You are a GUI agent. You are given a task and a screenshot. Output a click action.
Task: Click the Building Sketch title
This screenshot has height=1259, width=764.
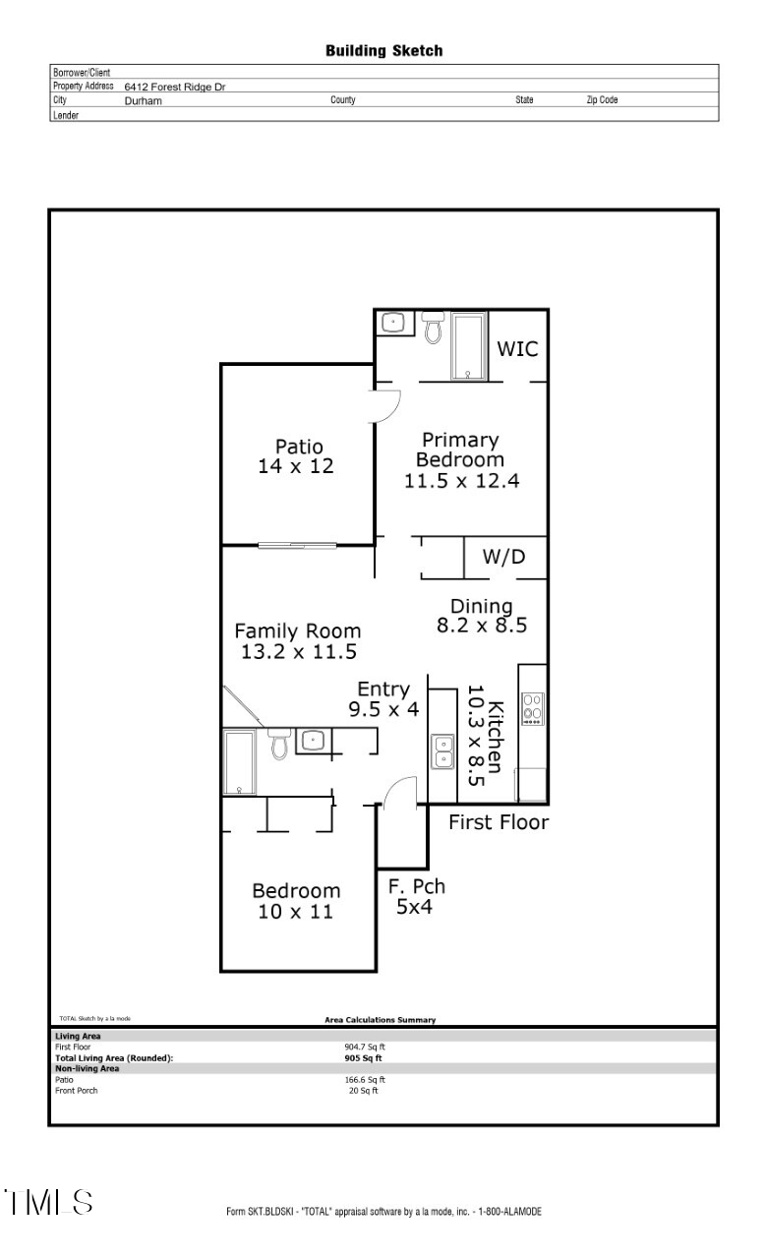(383, 51)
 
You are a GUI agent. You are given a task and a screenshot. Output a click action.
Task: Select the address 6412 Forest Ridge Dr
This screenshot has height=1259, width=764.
(174, 88)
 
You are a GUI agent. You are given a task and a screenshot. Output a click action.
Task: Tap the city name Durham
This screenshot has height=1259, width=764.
(143, 100)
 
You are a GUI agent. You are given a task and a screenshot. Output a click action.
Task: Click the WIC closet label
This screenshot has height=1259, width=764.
(517, 349)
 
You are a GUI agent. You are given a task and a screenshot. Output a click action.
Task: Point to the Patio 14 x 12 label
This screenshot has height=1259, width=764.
(296, 456)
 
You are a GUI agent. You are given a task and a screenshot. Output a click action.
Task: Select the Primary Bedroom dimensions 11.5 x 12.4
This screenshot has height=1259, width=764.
(461, 481)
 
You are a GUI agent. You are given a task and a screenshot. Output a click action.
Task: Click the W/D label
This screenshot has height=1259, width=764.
(503, 558)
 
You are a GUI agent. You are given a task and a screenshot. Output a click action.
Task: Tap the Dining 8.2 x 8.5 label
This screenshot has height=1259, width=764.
(481, 616)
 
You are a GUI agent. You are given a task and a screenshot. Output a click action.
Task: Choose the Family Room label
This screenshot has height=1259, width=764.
(297, 631)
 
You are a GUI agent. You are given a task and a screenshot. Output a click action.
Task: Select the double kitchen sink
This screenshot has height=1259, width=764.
(442, 751)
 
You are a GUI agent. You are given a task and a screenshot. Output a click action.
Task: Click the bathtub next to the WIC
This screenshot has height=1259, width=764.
(467, 346)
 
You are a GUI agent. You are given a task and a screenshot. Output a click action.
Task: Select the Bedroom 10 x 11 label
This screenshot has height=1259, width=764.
(297, 901)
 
